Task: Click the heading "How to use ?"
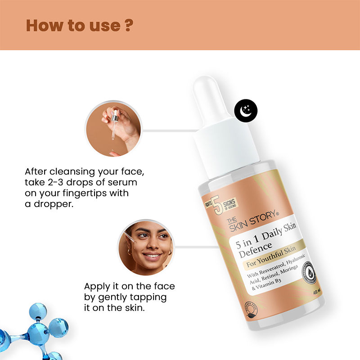coord(79,25)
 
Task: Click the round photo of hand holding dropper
coord(114,128)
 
